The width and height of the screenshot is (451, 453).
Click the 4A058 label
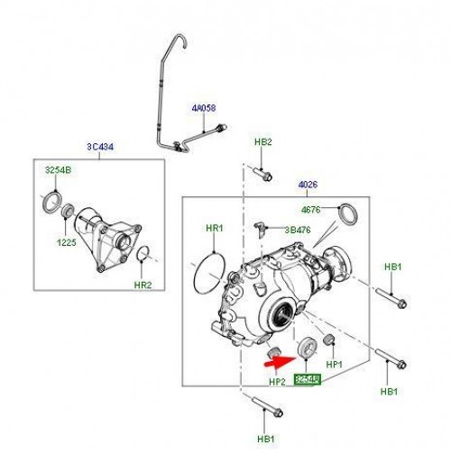point(203,108)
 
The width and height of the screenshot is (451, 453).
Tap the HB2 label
point(262,143)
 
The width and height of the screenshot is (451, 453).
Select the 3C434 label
point(98,149)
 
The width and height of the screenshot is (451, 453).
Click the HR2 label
point(143,285)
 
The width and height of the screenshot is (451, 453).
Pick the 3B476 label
point(299,231)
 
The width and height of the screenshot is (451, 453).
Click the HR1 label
point(214,230)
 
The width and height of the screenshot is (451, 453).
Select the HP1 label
point(335,365)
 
